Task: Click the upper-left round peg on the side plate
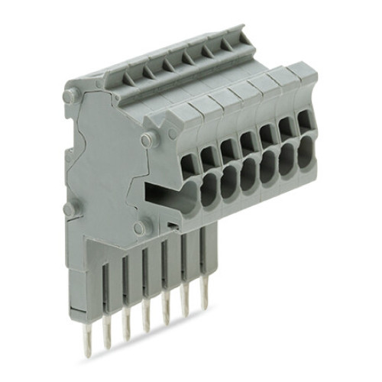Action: pos(70,95)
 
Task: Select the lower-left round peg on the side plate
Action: pos(69,209)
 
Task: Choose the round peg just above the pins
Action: pos(140,227)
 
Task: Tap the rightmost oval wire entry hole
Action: pos(305,148)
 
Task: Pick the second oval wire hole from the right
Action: pos(286,156)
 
